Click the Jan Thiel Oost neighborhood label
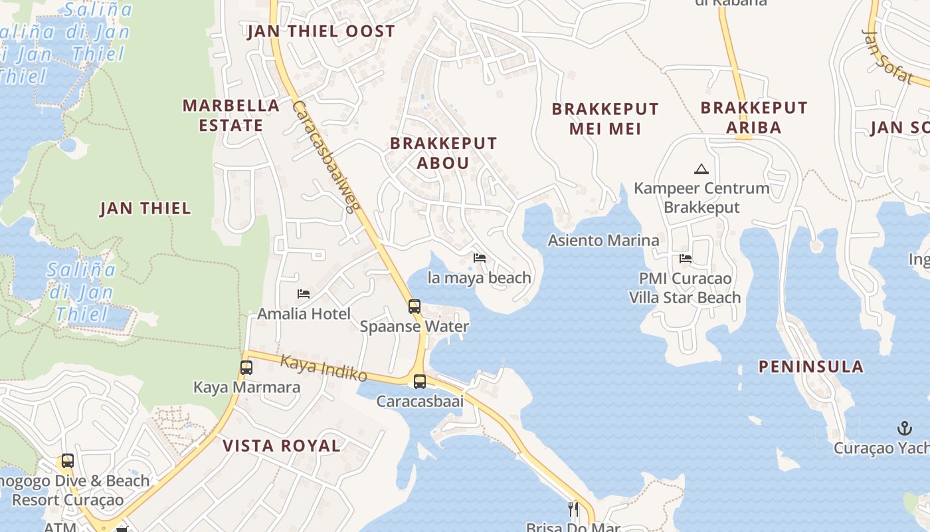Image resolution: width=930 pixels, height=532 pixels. click(x=321, y=31)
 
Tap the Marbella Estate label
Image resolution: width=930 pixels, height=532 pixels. click(x=231, y=115)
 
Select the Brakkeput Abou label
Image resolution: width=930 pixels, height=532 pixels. click(x=443, y=153)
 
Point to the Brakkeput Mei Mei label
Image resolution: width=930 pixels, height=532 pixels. click(x=605, y=118)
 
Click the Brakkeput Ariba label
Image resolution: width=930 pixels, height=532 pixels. click(x=754, y=117)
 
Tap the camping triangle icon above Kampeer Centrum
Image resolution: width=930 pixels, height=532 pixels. click(x=701, y=169)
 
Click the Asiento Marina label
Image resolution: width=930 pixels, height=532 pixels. click(x=603, y=240)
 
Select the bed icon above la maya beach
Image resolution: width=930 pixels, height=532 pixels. click(x=479, y=258)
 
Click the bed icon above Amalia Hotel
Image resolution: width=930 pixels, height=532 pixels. click(x=304, y=293)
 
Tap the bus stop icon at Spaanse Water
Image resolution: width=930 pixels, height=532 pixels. click(x=415, y=307)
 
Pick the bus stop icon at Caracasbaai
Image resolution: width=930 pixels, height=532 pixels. click(x=420, y=382)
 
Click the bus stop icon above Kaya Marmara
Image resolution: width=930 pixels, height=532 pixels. click(x=246, y=368)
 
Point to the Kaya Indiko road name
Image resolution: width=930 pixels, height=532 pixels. click(x=324, y=368)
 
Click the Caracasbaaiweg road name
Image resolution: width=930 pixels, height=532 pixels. click(x=325, y=157)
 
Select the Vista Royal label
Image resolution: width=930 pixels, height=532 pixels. click(x=282, y=446)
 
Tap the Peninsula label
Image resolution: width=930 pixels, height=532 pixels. click(x=811, y=366)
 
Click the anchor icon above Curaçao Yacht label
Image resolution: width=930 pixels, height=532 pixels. click(x=904, y=428)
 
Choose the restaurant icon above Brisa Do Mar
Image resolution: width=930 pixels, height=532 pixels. click(x=573, y=509)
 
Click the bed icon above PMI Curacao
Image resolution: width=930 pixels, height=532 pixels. click(x=686, y=258)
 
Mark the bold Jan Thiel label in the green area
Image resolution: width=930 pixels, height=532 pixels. click(x=145, y=208)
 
